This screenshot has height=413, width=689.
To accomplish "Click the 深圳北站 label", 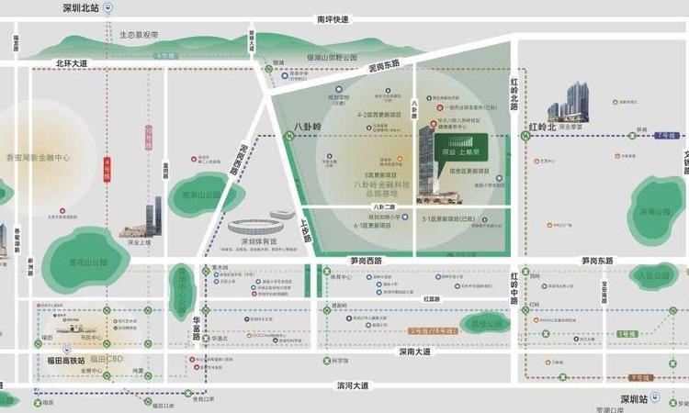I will point(80,8).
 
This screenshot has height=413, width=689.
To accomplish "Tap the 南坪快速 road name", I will point(333,18).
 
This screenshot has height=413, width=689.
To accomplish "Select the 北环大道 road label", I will point(71,63).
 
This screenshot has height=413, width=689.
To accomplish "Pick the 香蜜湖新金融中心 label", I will point(38,158).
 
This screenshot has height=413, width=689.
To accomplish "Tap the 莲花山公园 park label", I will point(83,262).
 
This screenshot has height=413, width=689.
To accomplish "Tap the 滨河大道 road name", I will point(351,385).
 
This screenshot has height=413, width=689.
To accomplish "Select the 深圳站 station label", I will point(635,400).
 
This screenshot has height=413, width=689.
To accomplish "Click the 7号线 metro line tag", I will point(666,136).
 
